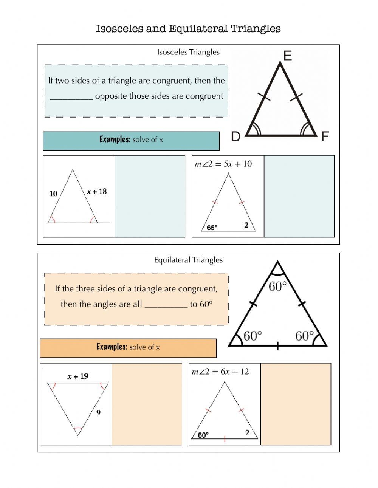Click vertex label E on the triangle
[x=287, y=56]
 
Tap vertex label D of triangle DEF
[x=235, y=136]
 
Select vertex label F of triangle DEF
[x=325, y=136]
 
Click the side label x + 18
[x=97, y=191]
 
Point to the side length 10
[x=53, y=194]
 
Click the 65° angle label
[x=212, y=228]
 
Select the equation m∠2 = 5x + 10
[x=223, y=164]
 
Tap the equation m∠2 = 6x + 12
[x=220, y=372]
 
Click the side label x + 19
[x=78, y=376]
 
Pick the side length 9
[x=98, y=412]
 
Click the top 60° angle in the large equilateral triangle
[x=277, y=287]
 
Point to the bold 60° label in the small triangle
[x=203, y=435]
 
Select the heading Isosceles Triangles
[x=188, y=52]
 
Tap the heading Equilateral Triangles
[x=188, y=260]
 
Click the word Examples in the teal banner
[x=115, y=139]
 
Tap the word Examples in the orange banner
[x=112, y=347]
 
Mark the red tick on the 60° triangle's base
[x=225, y=439]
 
